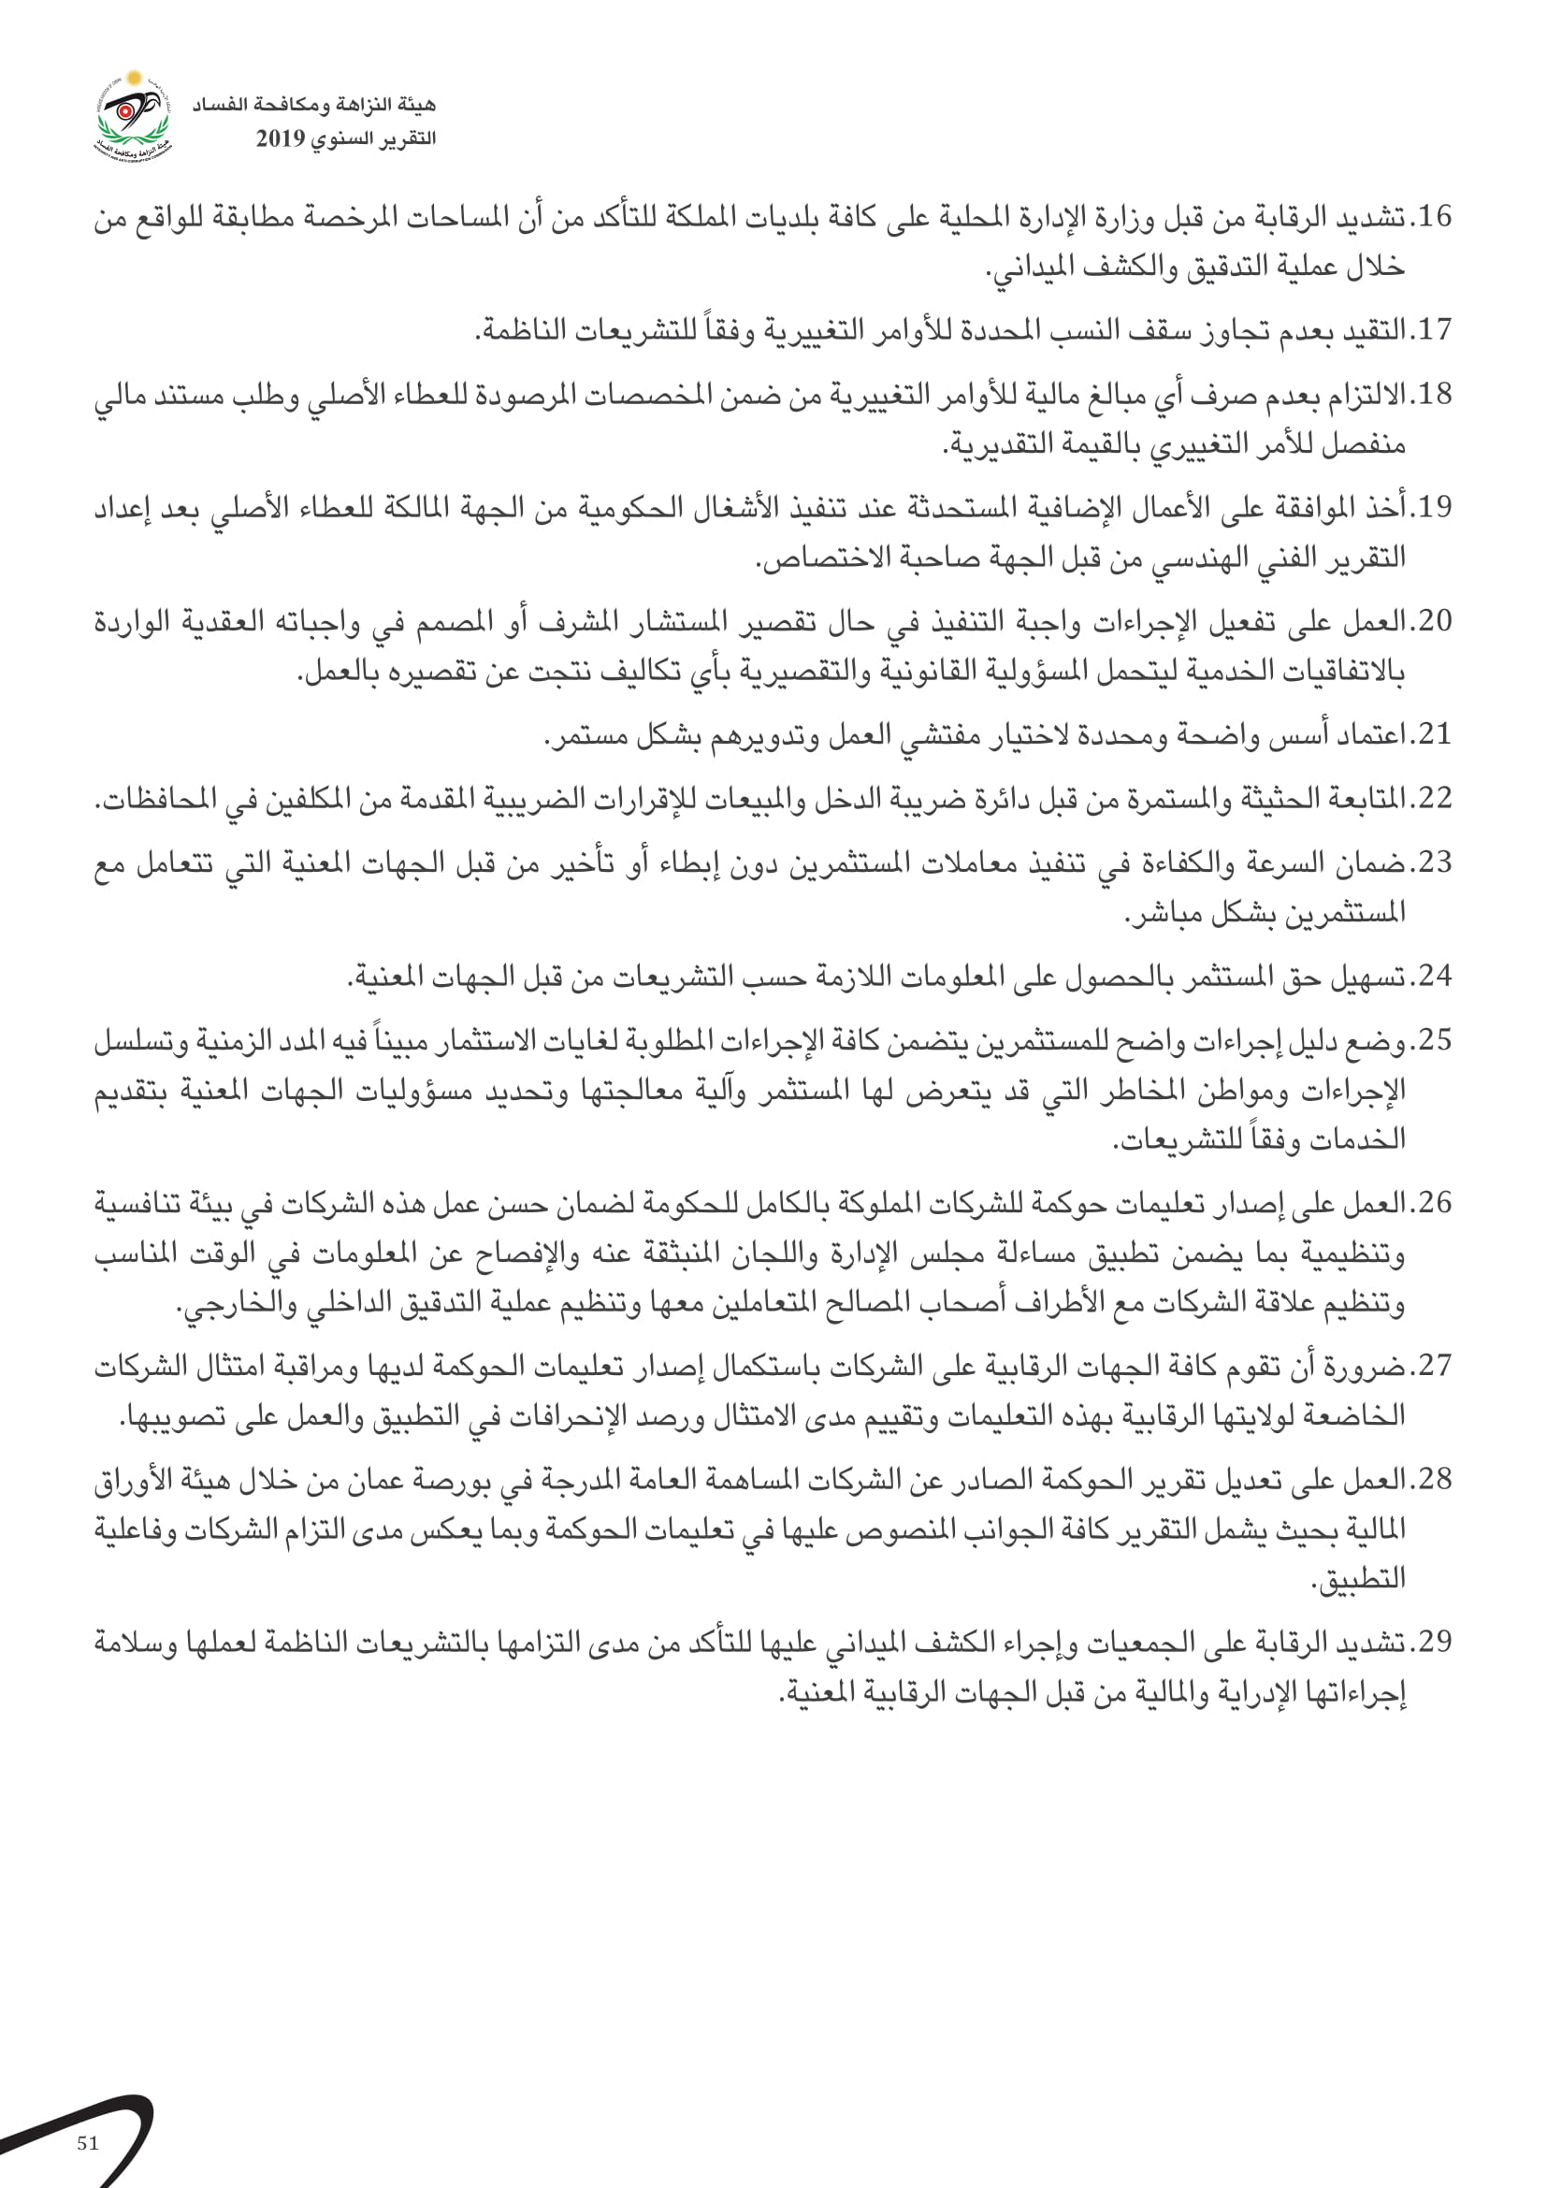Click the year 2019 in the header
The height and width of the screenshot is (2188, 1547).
click(x=280, y=139)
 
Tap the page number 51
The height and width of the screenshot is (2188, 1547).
click(x=88, y=2143)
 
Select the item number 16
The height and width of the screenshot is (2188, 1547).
click(x=1435, y=217)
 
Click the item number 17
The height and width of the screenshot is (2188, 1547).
click(x=1435, y=330)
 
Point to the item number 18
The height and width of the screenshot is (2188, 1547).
click(x=1435, y=395)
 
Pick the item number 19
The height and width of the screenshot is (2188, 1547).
click(x=1435, y=508)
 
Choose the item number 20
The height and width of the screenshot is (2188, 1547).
click(x=1435, y=621)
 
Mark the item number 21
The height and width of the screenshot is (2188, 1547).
click(x=1435, y=734)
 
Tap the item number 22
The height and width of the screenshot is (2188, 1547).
click(x=1435, y=799)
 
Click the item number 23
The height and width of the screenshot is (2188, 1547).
click(x=1435, y=862)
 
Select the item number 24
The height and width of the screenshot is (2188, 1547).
click(x=1435, y=976)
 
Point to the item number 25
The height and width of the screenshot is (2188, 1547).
click(x=1435, y=1039)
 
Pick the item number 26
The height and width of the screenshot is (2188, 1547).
click(x=1435, y=1203)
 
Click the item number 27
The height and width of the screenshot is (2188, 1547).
click(x=1435, y=1366)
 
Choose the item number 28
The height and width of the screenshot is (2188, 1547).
click(x=1435, y=1479)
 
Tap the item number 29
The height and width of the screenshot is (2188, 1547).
click(x=1435, y=1642)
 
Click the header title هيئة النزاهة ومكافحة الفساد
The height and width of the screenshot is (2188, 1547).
click(x=314, y=104)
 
